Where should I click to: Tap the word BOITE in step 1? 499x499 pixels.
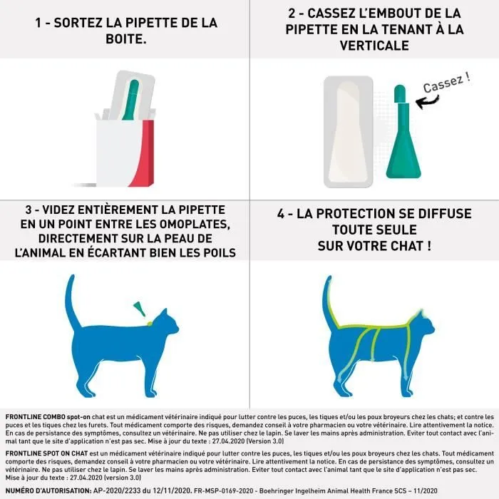(x=125, y=38)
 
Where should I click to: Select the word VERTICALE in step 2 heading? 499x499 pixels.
(x=374, y=46)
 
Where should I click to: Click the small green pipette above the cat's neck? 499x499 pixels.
(x=140, y=309)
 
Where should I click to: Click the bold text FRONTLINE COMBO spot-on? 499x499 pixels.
(x=46, y=416)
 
